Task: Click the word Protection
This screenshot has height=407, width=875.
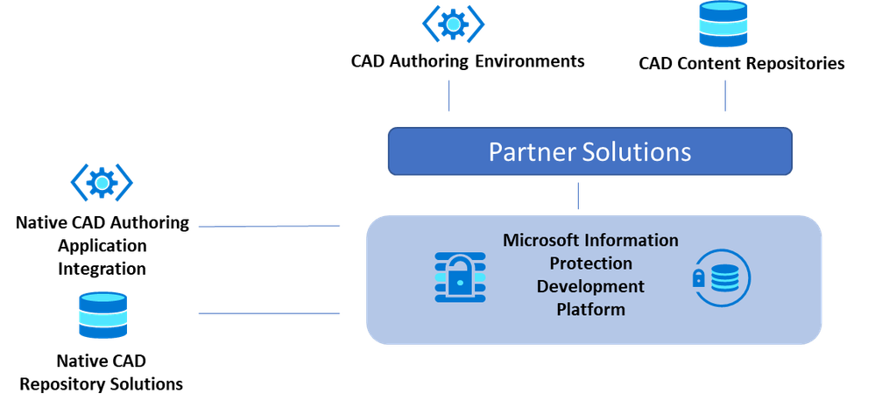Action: click(590, 263)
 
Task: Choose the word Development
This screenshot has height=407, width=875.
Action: click(590, 286)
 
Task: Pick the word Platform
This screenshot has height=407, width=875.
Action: click(590, 309)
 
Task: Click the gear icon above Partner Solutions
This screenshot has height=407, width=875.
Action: click(452, 24)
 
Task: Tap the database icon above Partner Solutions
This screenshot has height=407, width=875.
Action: click(723, 25)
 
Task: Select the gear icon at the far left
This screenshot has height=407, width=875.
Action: click(102, 182)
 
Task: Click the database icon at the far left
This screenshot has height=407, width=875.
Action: click(102, 315)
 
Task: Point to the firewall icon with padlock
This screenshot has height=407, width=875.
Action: click(460, 277)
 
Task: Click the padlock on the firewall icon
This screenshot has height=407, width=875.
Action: click(459, 282)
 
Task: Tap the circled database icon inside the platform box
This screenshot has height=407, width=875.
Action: click(723, 279)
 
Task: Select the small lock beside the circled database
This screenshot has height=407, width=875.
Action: click(699, 279)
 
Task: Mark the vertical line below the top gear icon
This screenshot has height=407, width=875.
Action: click(449, 95)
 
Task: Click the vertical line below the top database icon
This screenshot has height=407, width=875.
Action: click(724, 95)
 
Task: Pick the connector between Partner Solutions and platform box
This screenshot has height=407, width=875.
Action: click(577, 195)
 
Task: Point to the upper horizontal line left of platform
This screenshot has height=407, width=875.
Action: click(268, 226)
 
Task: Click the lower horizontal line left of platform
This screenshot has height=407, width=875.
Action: click(268, 313)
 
